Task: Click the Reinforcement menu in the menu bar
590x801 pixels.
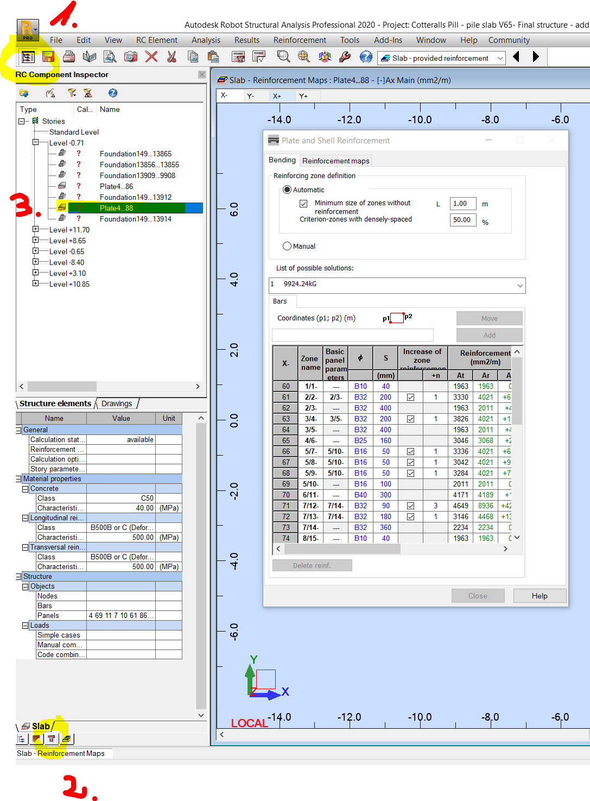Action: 300,40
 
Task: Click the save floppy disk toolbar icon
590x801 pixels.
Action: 48,56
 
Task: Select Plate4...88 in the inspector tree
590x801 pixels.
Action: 116,208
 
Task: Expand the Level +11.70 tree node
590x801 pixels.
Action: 35,230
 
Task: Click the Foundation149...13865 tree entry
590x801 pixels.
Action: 135,154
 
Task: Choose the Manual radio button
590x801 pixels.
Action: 287,246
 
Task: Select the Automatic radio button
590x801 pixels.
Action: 287,190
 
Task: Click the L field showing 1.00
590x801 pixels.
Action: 462,204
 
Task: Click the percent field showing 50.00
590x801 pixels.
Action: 462,220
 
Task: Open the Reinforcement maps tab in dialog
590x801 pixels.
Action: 335,161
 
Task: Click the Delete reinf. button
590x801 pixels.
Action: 312,565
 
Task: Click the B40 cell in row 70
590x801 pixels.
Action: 360,495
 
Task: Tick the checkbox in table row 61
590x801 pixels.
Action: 410,397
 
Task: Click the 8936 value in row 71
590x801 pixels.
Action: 485,506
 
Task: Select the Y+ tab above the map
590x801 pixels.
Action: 303,96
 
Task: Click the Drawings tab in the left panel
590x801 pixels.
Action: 117,403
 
